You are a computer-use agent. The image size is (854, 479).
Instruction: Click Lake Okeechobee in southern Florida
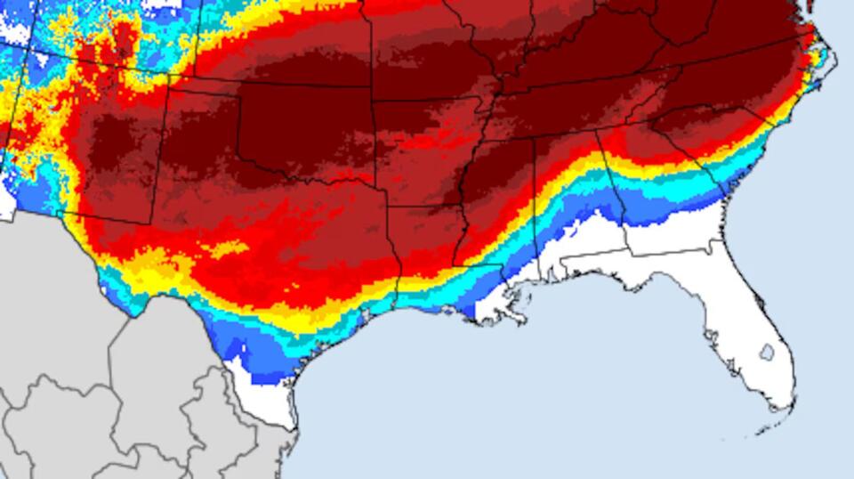pos(766,352)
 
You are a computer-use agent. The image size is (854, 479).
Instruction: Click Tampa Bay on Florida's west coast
pos(712,339)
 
